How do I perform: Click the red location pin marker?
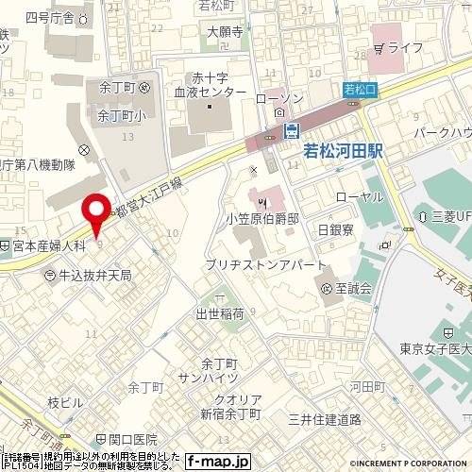click(x=95, y=212)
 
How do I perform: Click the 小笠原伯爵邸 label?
click(x=262, y=218)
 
